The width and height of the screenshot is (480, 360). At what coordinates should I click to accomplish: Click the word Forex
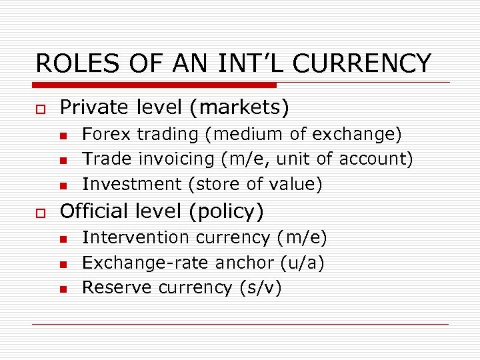coord(107,134)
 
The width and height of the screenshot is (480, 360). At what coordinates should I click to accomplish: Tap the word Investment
coord(131,183)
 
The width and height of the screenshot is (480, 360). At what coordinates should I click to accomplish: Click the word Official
coord(93,211)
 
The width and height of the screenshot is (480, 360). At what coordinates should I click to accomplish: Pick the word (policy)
coord(227,211)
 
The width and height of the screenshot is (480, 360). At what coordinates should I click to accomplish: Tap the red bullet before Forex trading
coord(63,136)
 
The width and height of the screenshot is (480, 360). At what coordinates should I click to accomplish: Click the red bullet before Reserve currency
coord(63,289)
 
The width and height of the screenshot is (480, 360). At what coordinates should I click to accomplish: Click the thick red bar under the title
coord(155,85)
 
